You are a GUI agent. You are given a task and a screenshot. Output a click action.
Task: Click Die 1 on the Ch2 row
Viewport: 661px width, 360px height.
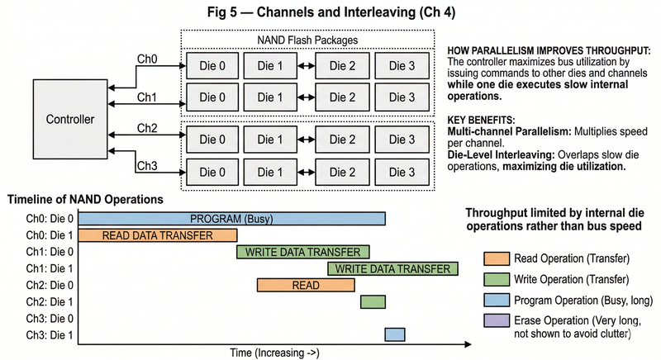point(277,140)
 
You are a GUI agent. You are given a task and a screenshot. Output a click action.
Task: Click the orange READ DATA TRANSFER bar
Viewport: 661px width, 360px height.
point(157,234)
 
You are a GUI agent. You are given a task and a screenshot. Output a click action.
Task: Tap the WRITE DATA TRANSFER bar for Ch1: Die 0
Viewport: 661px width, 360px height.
point(303,252)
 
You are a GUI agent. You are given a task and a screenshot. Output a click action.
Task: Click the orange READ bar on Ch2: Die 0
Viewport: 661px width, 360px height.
point(306,285)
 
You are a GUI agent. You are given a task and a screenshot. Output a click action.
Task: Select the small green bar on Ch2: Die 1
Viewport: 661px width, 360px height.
point(373,301)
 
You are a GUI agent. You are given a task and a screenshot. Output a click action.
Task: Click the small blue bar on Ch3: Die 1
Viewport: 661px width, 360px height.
point(395,334)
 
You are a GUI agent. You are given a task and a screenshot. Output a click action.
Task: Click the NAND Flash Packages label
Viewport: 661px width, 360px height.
point(307,40)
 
